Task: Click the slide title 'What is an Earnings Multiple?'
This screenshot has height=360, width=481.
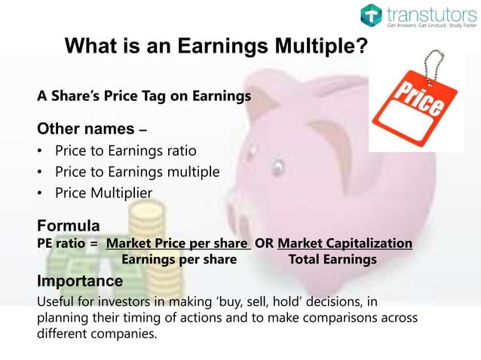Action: point(216,47)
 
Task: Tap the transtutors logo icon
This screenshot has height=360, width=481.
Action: point(371,14)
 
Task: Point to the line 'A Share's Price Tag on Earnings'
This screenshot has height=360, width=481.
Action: point(144,96)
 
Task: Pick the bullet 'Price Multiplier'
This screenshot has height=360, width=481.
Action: point(103,194)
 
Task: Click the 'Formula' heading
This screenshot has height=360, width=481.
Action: point(69,226)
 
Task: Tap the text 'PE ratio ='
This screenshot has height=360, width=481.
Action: point(68,243)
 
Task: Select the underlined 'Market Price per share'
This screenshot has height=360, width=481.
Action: point(178,243)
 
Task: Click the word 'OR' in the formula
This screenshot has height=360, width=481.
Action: point(264,243)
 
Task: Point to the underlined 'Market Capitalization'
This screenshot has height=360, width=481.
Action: point(345,243)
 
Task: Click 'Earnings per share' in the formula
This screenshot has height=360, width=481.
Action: point(179,260)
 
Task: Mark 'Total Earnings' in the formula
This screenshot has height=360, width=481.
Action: point(332,260)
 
